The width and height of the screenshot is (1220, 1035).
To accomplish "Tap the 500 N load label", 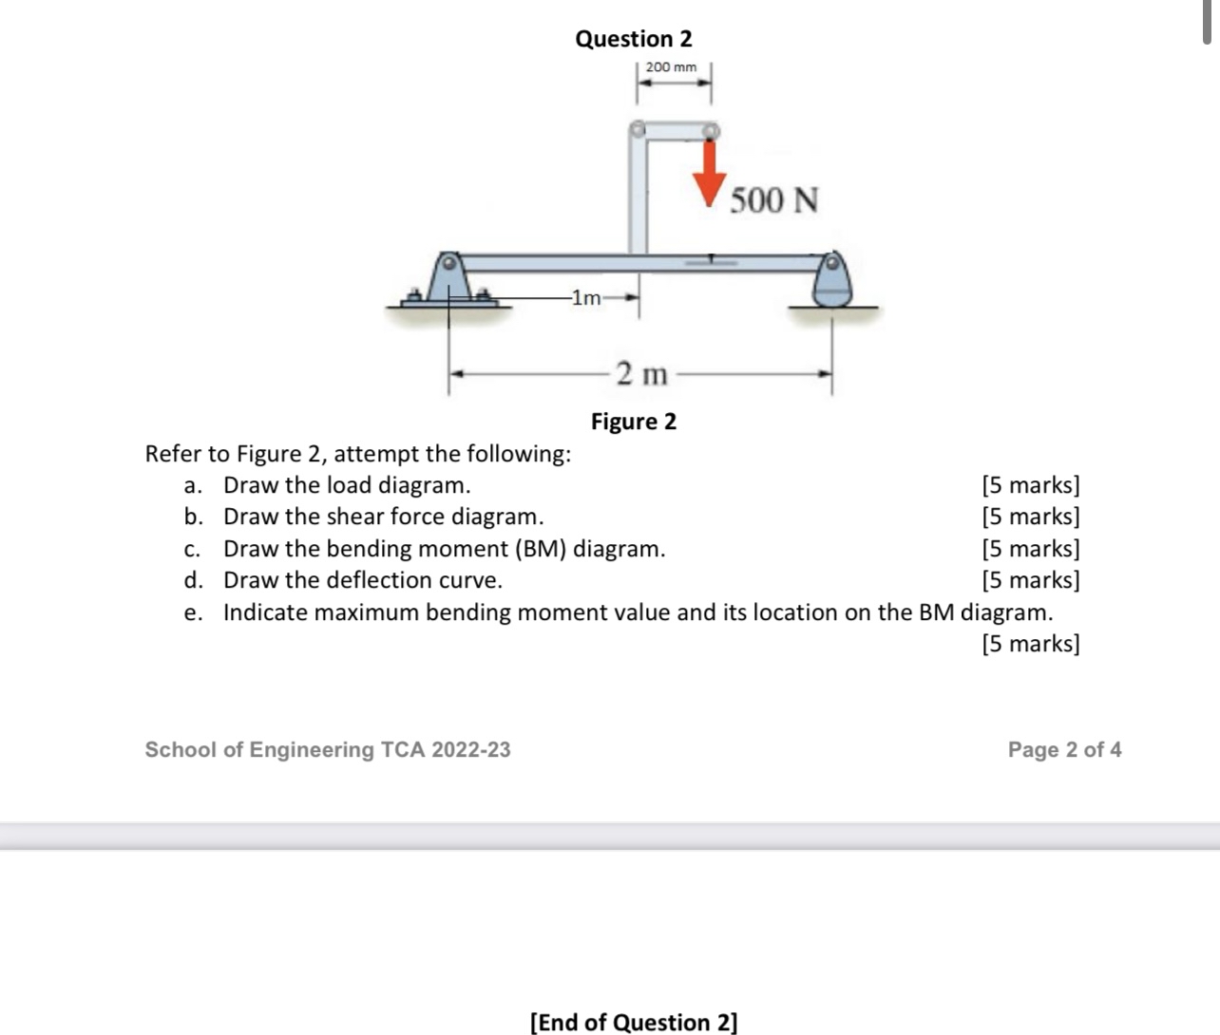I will [773, 200].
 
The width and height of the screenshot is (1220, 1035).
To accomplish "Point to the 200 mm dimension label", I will [671, 67].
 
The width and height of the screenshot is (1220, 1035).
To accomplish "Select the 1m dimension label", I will [588, 298].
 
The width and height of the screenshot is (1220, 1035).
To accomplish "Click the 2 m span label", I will [641, 374].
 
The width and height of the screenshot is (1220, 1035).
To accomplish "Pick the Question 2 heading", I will [634, 39].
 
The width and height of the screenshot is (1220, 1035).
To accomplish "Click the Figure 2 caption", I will [634, 422].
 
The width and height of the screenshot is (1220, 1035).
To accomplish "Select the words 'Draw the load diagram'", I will [347, 485].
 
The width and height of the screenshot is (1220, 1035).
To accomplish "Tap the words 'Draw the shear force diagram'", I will [383, 517].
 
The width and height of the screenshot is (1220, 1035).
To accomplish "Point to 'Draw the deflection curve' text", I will [362, 580].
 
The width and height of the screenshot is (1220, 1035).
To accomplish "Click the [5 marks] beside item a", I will [1031, 485].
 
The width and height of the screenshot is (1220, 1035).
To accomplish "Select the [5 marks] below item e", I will [1031, 644].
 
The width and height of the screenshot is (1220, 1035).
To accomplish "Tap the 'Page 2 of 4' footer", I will [1064, 750].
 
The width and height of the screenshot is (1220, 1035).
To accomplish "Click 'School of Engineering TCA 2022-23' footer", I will [328, 750].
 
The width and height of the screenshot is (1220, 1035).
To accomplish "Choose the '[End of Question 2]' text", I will [634, 1023].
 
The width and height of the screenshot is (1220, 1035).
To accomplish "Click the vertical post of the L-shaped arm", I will [638, 195].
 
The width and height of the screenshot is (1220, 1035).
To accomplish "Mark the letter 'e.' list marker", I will [193, 612].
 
